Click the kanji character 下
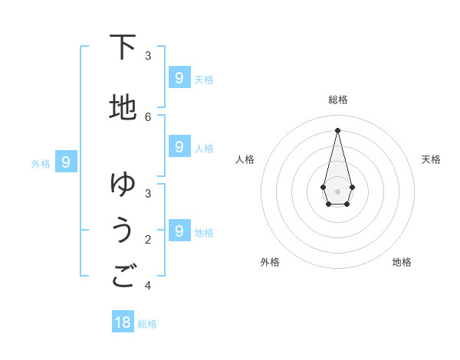[123, 47]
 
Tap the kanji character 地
[123, 107]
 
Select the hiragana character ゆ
[123, 184]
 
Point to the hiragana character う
[123, 230]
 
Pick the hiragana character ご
[123, 276]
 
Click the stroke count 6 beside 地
[148, 116]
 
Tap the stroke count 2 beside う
[148, 240]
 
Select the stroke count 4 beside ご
[148, 286]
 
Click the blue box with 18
[123, 322]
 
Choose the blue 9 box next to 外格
[66, 162]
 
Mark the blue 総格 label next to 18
[147, 324]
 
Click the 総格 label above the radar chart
[338, 100]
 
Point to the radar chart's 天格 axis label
[431, 159]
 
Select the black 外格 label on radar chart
[270, 262]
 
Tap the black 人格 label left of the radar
[245, 159]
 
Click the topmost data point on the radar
[337, 130]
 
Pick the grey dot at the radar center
[337, 191]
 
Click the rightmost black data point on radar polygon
[352, 187]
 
